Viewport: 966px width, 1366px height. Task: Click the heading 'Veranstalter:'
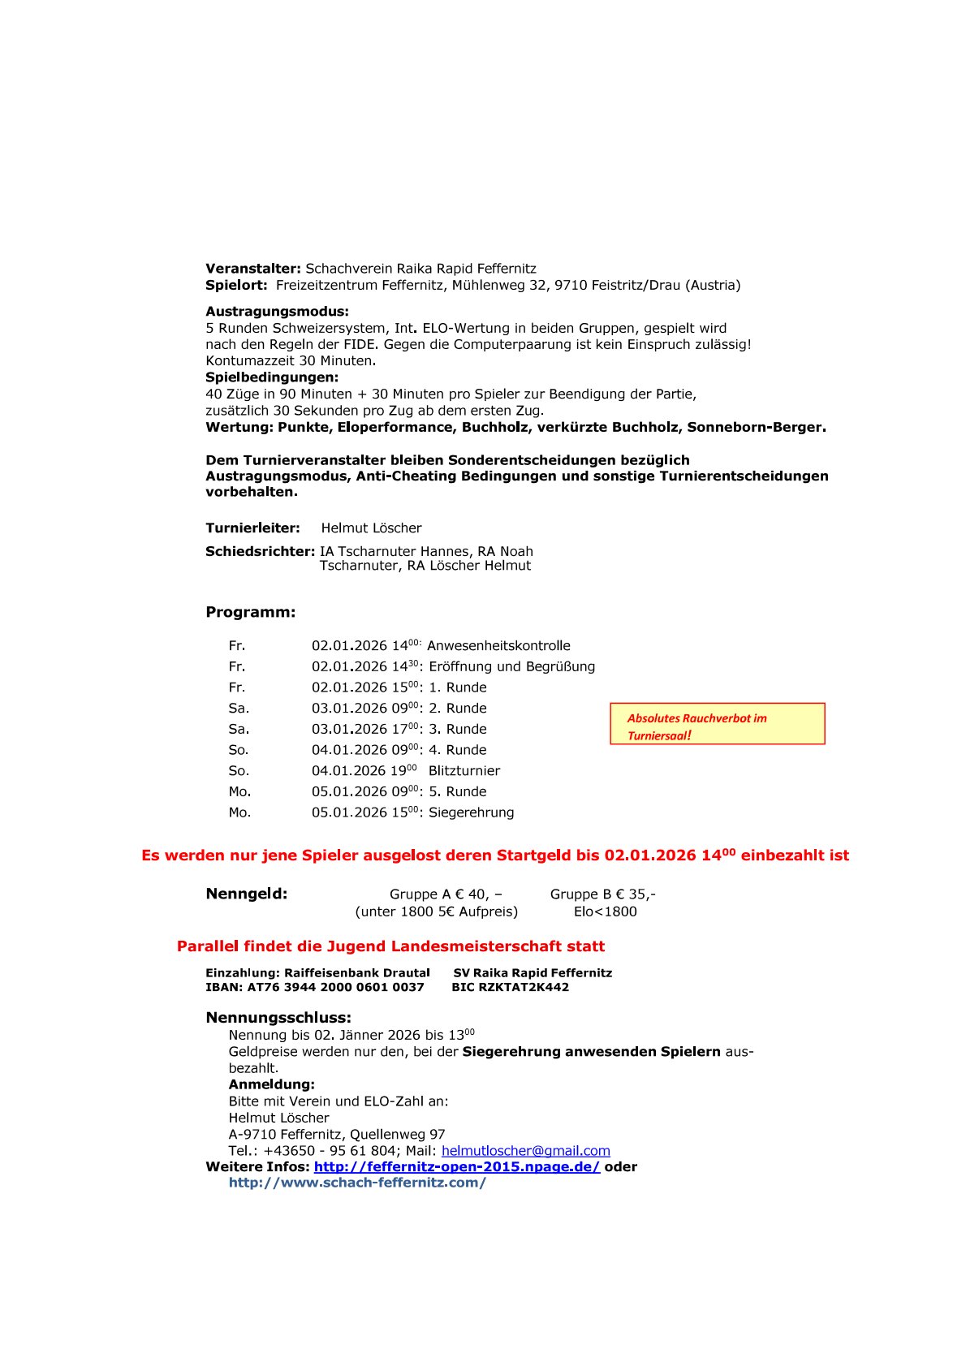[x=253, y=269]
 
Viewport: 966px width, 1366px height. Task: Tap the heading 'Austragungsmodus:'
[x=277, y=312]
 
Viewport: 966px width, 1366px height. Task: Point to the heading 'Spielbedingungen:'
[x=272, y=377]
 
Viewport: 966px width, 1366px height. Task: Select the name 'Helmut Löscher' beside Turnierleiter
[x=371, y=528]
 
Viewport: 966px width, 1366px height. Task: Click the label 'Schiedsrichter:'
[x=260, y=552]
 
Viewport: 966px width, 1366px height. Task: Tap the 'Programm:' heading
[x=251, y=612]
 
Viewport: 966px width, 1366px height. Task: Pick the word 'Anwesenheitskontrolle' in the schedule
[x=498, y=646]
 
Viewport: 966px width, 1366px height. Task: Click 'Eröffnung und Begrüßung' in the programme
[x=511, y=667]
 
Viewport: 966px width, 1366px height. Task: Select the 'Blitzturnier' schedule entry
[x=464, y=771]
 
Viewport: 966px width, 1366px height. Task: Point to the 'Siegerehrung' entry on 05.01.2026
[x=471, y=812]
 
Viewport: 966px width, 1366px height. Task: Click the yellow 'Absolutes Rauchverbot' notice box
[x=717, y=724]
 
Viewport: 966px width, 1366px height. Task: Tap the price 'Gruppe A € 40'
[x=445, y=894]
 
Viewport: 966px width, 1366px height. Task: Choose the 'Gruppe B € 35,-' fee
[x=602, y=894]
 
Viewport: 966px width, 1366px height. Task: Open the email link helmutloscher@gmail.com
[x=525, y=1151]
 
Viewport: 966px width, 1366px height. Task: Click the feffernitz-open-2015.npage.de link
[x=456, y=1167]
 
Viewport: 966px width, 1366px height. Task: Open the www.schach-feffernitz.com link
[x=357, y=1183]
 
